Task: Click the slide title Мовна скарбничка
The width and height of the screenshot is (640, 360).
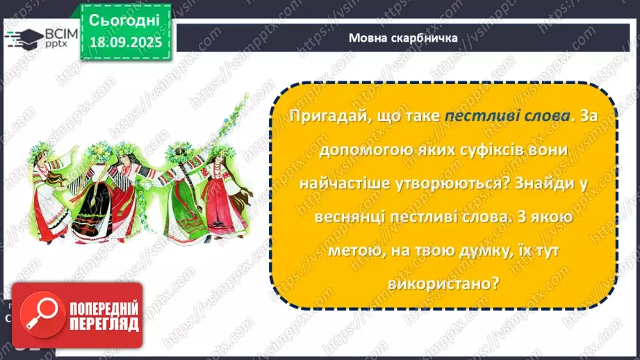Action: pos(403,38)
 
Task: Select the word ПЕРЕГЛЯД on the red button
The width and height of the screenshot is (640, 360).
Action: pos(103,325)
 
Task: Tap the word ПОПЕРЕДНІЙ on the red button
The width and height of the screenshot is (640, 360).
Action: pos(103,306)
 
